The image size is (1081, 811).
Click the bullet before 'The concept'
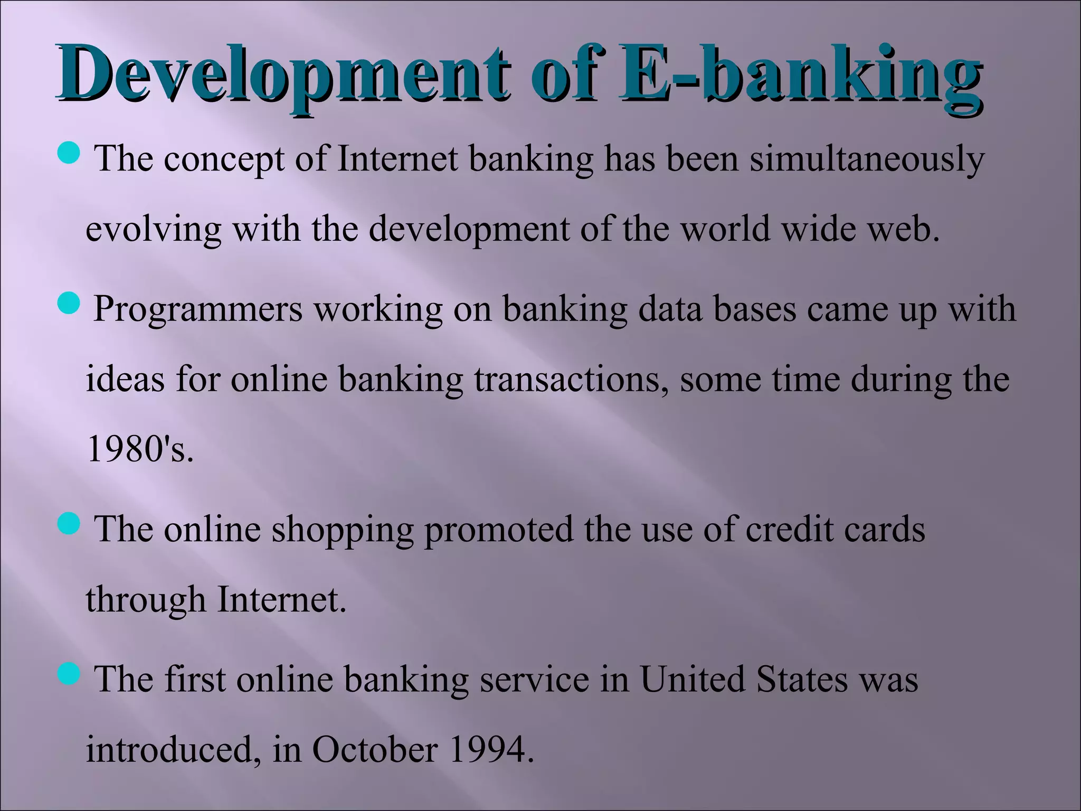click(68, 153)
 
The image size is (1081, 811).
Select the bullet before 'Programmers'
click(68, 304)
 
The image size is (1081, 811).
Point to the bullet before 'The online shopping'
click(68, 523)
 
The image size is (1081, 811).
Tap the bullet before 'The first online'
click(68, 674)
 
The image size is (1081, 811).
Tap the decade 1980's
click(140, 449)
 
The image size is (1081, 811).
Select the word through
click(146, 600)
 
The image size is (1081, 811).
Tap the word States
click(802, 680)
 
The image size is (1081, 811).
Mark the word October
click(375, 750)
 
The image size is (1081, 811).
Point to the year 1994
click(488, 750)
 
